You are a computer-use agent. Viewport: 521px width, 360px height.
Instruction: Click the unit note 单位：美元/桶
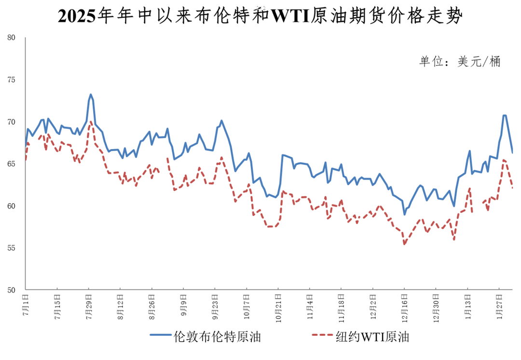click(x=460, y=61)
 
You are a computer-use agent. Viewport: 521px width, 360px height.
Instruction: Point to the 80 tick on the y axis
click(x=12, y=38)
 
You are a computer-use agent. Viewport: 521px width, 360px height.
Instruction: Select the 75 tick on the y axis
click(x=12, y=80)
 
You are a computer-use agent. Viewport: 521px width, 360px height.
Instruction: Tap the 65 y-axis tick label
click(x=12, y=164)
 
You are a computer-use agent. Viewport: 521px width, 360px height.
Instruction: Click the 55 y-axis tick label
click(x=12, y=248)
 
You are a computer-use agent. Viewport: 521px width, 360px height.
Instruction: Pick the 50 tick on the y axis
click(x=12, y=290)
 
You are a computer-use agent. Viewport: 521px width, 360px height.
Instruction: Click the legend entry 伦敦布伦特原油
click(x=205, y=337)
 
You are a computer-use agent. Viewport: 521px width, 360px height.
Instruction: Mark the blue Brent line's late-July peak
click(x=91, y=95)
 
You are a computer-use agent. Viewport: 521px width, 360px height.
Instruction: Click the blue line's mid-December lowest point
click(x=404, y=214)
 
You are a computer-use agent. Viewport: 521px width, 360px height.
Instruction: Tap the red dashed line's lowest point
click(x=404, y=244)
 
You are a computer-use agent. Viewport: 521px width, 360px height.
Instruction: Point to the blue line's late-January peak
click(x=504, y=115)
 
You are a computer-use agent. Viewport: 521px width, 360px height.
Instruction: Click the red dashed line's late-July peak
click(x=91, y=121)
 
